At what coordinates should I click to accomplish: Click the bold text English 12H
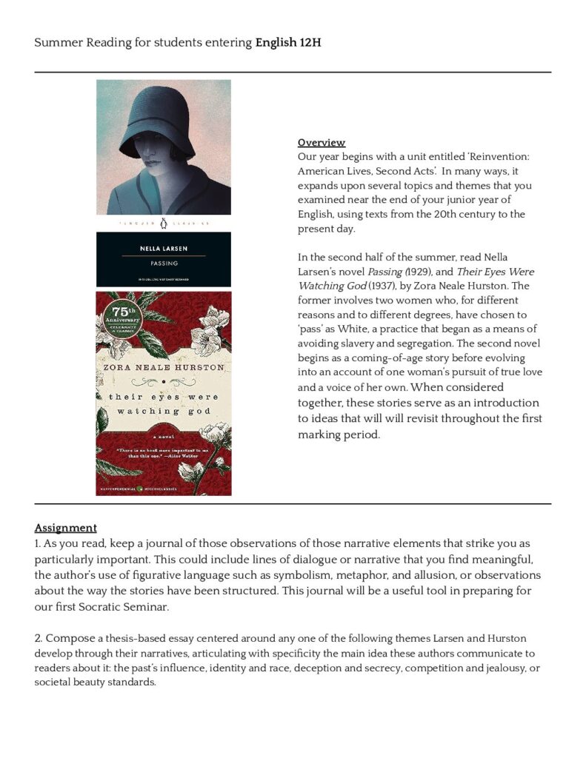pyautogui.click(x=288, y=42)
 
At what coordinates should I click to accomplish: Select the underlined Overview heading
pyautogui.click(x=321, y=142)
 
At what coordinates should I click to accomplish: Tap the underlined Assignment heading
pyautogui.click(x=65, y=528)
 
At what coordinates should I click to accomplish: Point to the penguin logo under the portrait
pyautogui.click(x=162, y=222)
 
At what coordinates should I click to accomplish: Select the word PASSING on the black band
pyautogui.click(x=163, y=263)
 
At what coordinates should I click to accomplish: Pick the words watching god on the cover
pyautogui.click(x=164, y=411)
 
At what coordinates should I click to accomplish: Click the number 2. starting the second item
pyautogui.click(x=39, y=638)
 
